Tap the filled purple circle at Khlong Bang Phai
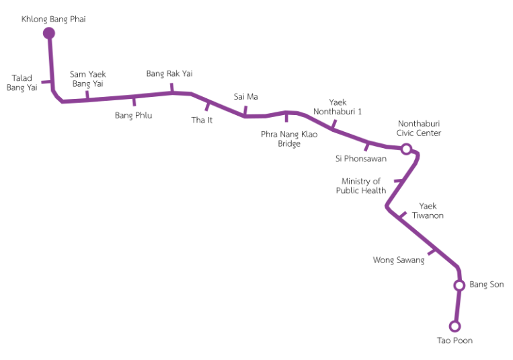coord(49,33)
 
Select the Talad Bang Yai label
coord(22,83)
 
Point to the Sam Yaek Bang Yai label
coord(88,79)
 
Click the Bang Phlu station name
coord(133,115)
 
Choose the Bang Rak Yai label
coord(169,73)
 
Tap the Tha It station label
coord(202,120)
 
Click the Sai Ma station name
coord(245,96)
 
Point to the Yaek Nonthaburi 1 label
coord(338,106)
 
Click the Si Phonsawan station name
coord(360,159)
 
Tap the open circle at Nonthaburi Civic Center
coord(406,149)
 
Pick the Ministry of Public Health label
coord(361,186)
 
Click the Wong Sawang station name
coord(399,260)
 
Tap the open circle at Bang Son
coord(459,285)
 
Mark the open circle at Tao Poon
coord(455,326)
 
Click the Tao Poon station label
coord(455,340)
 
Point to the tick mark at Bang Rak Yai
coord(171,88)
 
